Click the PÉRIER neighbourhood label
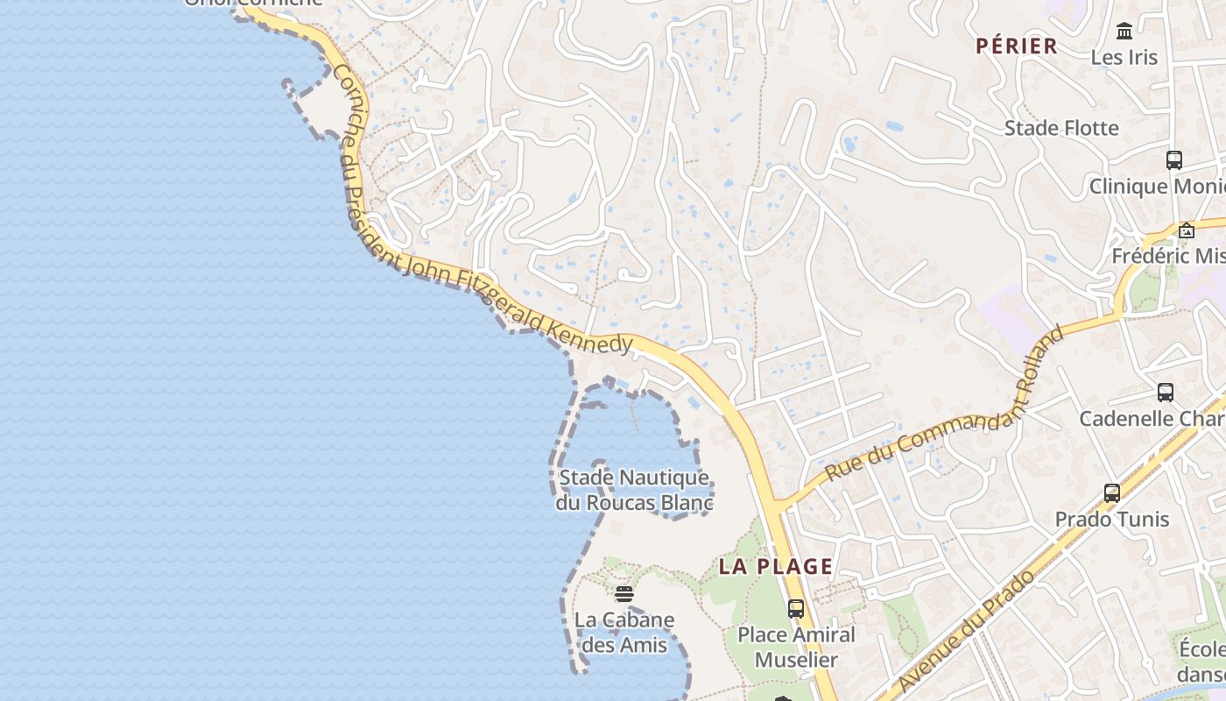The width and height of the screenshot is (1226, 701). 1017,46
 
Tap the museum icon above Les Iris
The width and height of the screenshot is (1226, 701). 1124,32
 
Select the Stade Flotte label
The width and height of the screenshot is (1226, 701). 1061,128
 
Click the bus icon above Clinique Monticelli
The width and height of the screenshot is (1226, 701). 1174,160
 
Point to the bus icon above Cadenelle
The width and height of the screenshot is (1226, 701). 1166,392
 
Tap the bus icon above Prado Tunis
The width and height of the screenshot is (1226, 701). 1112,492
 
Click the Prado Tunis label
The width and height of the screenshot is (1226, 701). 1111,519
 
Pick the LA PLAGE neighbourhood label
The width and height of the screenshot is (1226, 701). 776,566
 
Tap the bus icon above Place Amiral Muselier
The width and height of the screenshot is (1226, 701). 796,608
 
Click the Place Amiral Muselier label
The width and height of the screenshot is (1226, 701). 796,647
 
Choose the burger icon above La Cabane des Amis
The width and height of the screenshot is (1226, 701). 624,594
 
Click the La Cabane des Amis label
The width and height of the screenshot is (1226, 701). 624,633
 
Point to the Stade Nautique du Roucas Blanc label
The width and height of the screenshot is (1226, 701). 635,491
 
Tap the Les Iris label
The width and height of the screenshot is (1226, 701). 1124,58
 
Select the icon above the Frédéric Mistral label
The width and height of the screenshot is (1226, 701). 1187,230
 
